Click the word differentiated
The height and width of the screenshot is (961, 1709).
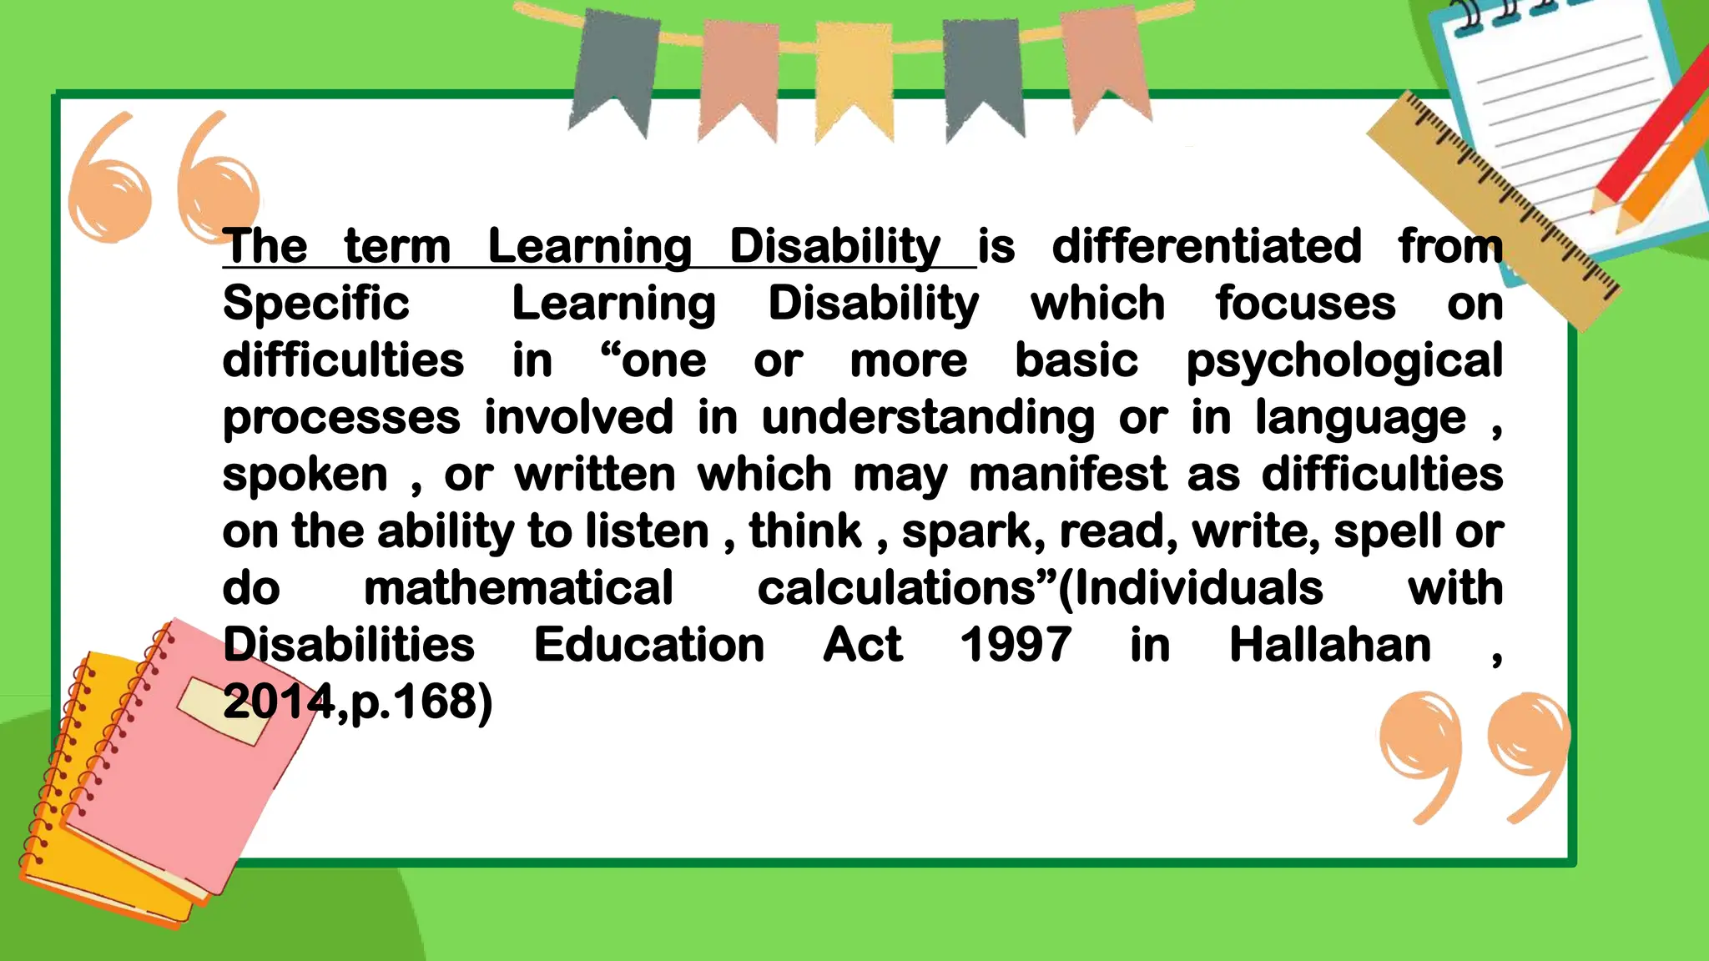(x=1206, y=247)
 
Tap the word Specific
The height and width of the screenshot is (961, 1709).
(x=315, y=304)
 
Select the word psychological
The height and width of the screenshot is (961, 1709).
(x=1344, y=362)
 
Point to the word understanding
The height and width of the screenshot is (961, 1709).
(x=927, y=418)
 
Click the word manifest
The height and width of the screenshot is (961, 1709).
(x=1067, y=475)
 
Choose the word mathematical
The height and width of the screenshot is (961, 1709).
(x=518, y=588)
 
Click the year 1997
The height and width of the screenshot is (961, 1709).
(x=1016, y=645)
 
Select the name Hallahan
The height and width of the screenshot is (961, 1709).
(x=1329, y=645)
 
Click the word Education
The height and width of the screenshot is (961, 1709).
(x=648, y=645)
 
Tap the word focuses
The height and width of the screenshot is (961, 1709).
(x=1305, y=304)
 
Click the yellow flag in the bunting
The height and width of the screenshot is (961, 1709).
(x=854, y=79)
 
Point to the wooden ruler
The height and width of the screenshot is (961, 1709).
(x=1494, y=209)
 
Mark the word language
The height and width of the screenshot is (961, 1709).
(x=1360, y=418)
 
